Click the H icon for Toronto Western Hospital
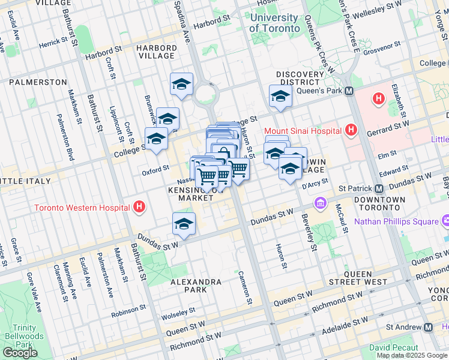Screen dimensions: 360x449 click(139, 208)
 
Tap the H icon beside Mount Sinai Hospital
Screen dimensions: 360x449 click(352, 130)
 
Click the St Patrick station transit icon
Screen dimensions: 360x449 click(379, 188)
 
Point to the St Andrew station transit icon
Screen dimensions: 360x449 click(429, 328)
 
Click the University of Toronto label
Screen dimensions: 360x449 click(274, 23)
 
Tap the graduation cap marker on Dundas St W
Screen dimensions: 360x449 click(184, 224)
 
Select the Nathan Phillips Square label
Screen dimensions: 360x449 click(396, 221)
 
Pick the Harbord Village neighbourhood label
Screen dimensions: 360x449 click(155, 52)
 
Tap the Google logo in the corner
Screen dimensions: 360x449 click(20, 352)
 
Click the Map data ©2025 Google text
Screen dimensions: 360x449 click(412, 355)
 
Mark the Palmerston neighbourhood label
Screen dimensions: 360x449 click(38, 82)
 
